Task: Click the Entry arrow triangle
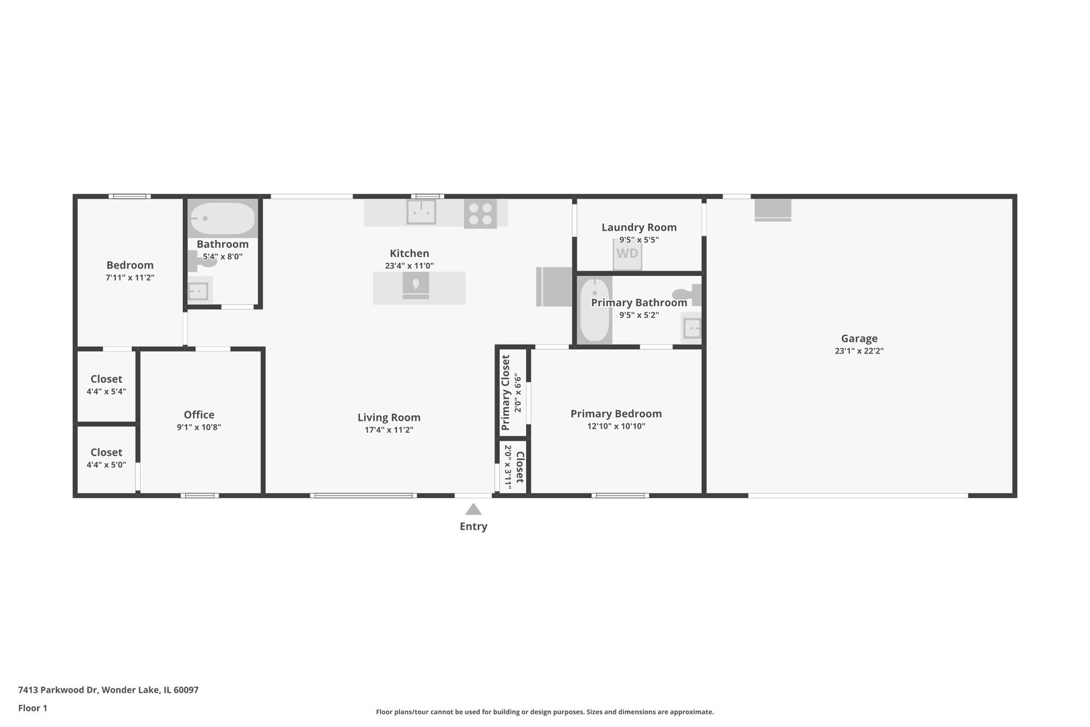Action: point(473,510)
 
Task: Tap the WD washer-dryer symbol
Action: point(627,254)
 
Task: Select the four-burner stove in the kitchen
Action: point(480,214)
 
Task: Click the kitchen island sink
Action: point(416,285)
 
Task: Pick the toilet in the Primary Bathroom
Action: point(688,294)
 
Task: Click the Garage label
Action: point(859,339)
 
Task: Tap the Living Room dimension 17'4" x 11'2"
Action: point(389,430)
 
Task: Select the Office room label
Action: point(199,415)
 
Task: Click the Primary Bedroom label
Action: point(616,414)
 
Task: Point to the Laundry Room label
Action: point(639,228)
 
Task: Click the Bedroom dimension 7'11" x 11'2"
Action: point(130,277)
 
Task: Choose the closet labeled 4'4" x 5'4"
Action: point(106,384)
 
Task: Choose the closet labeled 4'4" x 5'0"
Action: point(106,458)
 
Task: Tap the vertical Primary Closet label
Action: point(506,392)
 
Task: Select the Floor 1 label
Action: point(32,708)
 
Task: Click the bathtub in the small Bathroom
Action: point(223,218)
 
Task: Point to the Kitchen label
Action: point(409,253)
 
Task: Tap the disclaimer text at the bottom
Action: point(544,712)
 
